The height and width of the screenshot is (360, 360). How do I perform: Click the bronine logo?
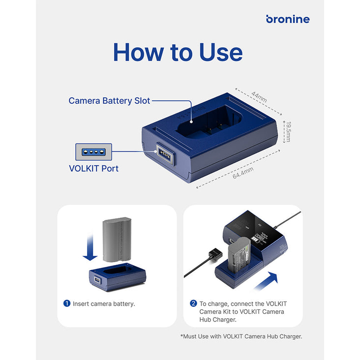click(288, 19)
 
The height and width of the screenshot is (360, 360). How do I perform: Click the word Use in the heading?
click(221, 52)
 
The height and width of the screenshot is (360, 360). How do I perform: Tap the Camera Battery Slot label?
click(109, 100)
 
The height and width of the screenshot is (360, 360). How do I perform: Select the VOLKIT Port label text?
click(93, 169)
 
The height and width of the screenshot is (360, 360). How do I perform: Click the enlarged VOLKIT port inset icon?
click(93, 152)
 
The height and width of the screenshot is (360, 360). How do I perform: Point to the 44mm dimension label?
click(259, 97)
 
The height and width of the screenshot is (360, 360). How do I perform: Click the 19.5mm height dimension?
click(289, 131)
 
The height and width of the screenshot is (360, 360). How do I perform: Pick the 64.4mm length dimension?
click(243, 173)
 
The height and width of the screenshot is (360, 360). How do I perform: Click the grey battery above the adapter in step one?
click(117, 240)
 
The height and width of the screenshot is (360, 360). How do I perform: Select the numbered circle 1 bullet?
click(67, 303)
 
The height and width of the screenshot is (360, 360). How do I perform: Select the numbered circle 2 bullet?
click(193, 303)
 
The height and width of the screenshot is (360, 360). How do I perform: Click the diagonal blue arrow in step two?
click(267, 281)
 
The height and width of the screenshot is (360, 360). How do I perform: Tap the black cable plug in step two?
click(215, 255)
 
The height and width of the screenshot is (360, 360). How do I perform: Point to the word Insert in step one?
click(80, 304)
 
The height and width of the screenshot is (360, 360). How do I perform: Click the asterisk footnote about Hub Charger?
click(241, 336)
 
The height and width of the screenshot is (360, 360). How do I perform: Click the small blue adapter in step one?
click(118, 277)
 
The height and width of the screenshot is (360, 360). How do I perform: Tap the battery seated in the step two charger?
click(239, 255)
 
